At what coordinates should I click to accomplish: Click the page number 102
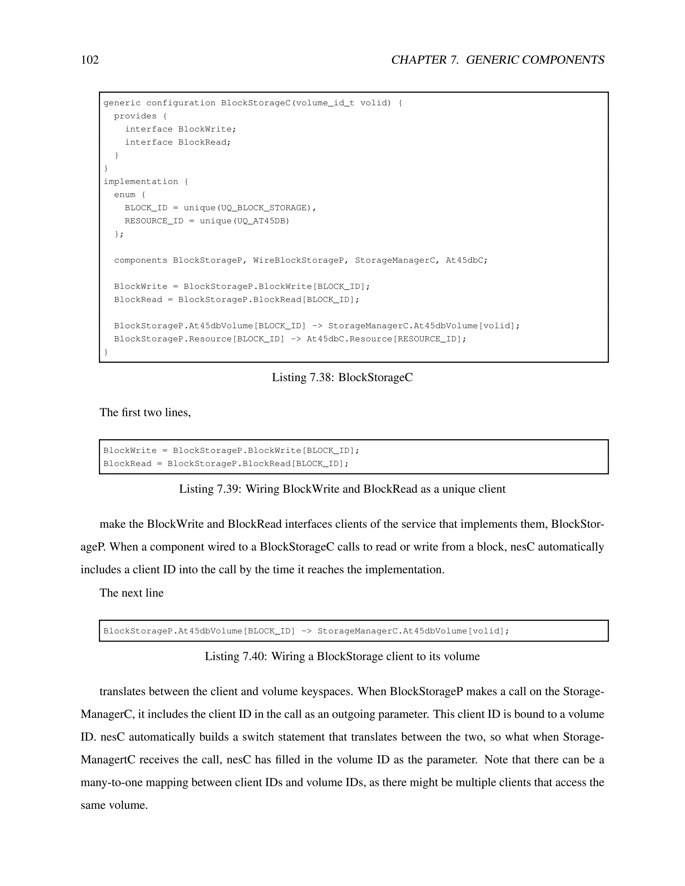click(90, 60)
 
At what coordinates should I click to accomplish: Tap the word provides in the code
click(135, 116)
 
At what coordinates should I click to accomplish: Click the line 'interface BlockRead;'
click(177, 142)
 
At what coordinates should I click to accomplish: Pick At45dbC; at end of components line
click(466, 260)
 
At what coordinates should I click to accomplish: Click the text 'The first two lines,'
click(145, 413)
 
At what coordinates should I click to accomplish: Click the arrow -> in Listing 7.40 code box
click(307, 631)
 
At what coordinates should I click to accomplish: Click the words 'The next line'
click(131, 593)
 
